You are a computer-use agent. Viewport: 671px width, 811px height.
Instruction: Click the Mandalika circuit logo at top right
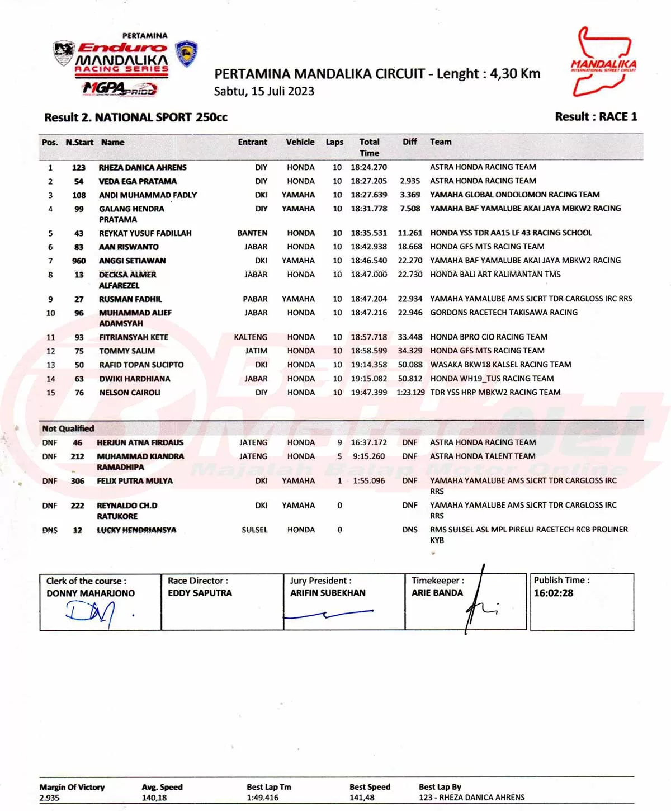(603, 62)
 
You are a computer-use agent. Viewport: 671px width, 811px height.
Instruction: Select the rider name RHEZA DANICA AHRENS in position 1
(143, 167)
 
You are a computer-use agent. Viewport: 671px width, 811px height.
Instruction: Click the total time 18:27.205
(368, 181)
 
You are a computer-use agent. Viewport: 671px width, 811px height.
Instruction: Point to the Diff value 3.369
(410, 195)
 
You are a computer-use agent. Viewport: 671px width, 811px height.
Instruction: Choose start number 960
(79, 261)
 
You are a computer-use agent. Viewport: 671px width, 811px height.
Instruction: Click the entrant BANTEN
(252, 233)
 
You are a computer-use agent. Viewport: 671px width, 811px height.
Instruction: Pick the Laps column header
(334, 142)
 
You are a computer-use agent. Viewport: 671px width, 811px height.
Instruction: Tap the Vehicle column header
(300, 142)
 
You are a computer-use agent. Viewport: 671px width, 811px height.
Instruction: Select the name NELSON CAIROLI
(130, 393)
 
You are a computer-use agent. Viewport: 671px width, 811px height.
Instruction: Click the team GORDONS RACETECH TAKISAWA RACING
(504, 313)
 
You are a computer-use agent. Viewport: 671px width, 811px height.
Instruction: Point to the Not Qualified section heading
(68, 428)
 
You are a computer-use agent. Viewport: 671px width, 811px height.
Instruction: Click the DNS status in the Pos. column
(50, 530)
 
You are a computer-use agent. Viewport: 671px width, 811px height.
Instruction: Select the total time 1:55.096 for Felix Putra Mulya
(368, 481)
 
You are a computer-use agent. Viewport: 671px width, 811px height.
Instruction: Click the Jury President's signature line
(329, 615)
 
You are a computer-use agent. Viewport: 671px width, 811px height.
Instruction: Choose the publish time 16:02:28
(553, 593)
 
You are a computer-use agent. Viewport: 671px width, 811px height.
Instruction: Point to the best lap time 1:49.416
(262, 798)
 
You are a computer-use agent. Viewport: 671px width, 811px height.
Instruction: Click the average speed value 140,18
(154, 798)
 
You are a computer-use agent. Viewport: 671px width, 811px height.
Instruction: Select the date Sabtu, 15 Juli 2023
(264, 91)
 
